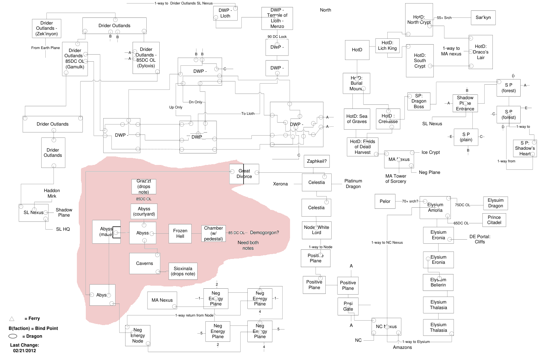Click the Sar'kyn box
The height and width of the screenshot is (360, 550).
(x=483, y=17)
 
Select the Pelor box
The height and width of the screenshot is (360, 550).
(x=385, y=201)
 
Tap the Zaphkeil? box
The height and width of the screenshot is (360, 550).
(x=316, y=161)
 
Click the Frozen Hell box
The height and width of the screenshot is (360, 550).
(x=180, y=233)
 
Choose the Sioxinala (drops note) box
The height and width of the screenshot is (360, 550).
(x=183, y=271)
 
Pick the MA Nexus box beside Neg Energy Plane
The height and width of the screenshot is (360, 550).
(x=162, y=300)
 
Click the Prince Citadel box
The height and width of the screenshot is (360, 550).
(x=494, y=220)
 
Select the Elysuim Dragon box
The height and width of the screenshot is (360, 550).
(x=495, y=203)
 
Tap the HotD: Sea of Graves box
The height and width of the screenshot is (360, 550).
(x=357, y=119)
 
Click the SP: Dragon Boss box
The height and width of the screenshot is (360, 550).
(x=419, y=101)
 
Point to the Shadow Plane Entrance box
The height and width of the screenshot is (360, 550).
(x=465, y=103)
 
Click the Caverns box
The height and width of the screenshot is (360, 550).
(x=144, y=263)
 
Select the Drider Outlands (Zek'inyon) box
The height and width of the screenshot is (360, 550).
(x=46, y=28)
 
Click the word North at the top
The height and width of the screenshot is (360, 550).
(x=325, y=10)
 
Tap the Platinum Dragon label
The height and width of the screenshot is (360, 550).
(x=353, y=184)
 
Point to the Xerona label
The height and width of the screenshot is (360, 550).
(x=280, y=184)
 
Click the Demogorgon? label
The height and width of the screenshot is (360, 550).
(x=264, y=233)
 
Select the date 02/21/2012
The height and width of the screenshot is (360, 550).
(x=25, y=351)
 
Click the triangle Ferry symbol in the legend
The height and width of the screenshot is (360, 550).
(x=12, y=319)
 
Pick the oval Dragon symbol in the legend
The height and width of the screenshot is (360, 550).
(x=13, y=336)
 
